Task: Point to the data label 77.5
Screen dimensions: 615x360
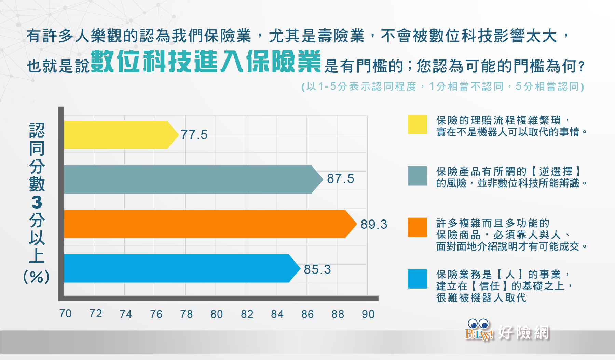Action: tap(194, 135)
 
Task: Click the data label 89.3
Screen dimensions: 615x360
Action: tap(374, 224)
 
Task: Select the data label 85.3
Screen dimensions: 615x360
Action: tap(317, 269)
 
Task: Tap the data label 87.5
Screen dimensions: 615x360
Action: tap(341, 178)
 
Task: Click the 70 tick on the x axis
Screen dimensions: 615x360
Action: tap(65, 314)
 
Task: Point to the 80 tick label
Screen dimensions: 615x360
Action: tap(217, 314)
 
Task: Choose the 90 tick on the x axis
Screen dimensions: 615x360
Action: tap(368, 314)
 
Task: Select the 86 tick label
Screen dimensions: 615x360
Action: tap(307, 314)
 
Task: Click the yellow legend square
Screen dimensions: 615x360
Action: tap(417, 124)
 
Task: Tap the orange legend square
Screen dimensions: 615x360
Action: tap(417, 227)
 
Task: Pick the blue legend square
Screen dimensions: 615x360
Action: tap(417, 279)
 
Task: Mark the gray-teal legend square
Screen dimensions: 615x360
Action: tap(417, 176)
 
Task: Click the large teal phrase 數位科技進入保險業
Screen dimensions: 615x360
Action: tap(206, 61)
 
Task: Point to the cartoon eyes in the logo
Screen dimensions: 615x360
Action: tap(478, 323)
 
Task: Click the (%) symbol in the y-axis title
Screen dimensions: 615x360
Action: tap(37, 277)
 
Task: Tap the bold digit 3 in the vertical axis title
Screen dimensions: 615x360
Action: tap(37, 202)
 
